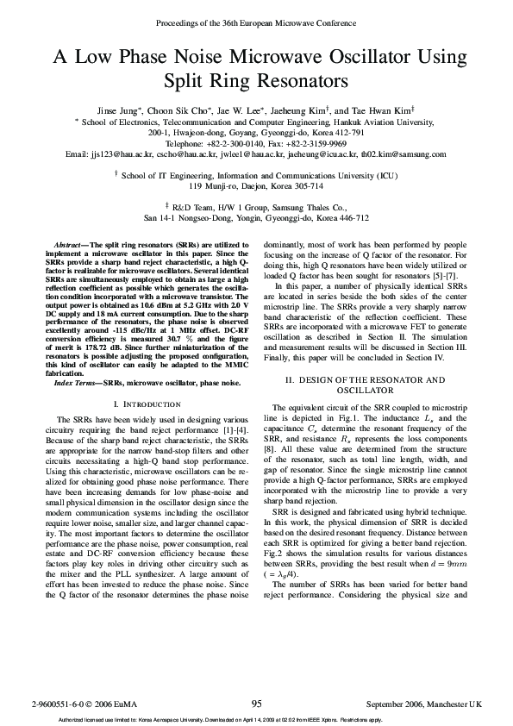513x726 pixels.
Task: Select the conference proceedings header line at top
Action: coord(257,22)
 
